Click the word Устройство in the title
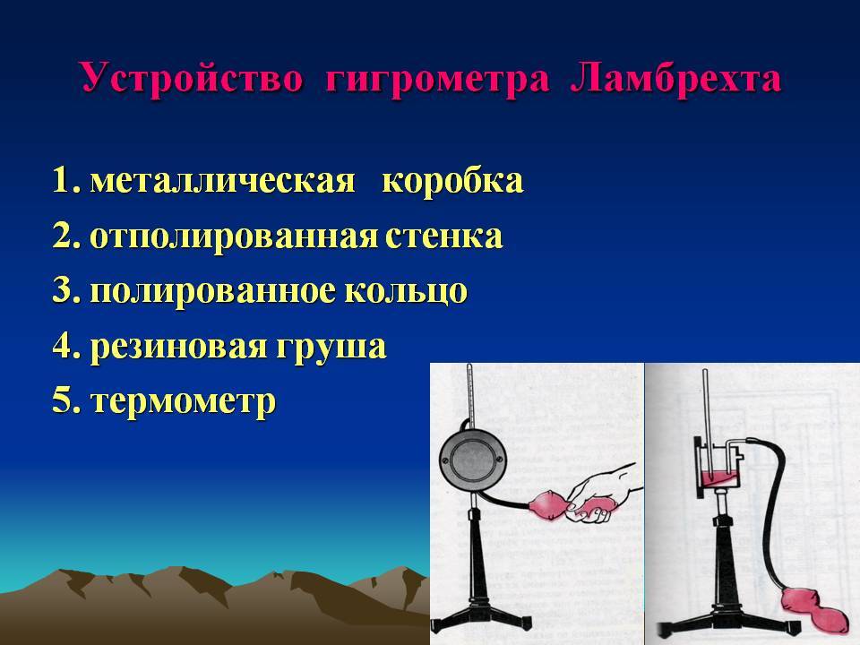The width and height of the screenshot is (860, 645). [192, 78]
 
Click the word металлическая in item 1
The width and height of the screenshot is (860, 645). [222, 180]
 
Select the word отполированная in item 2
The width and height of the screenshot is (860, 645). [234, 237]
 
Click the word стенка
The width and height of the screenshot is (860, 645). [443, 236]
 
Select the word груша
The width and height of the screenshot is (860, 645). [331, 347]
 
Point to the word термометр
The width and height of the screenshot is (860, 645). [183, 401]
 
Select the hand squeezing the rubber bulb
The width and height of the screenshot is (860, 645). [600, 494]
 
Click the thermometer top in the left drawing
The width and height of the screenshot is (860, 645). [469, 366]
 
